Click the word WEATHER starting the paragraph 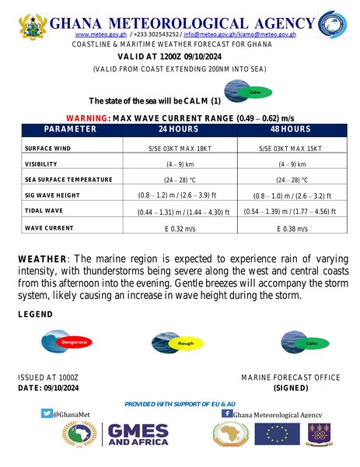click(44, 258)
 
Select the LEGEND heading click(36, 314)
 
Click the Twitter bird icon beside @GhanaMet click(47, 414)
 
